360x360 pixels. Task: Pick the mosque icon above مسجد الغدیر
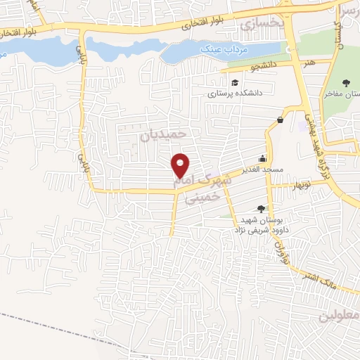(263, 159)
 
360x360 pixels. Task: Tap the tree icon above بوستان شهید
(261, 208)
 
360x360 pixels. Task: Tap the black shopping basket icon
(281, 120)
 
